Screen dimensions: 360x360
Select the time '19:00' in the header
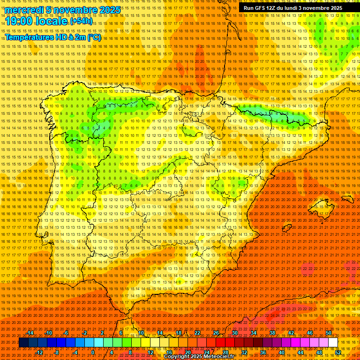pos(21,21)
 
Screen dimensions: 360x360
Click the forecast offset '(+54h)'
pos(81,22)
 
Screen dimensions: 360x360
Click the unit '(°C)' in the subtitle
pos(94,37)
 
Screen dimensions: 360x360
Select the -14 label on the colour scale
pos(30,333)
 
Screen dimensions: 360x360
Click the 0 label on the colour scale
pos(93,352)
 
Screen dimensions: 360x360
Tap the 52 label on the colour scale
pos(338,352)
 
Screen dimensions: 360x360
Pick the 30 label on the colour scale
pos(234,333)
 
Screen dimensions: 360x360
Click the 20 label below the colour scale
pos(187,352)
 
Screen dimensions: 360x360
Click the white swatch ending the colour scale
pos(333,343)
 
